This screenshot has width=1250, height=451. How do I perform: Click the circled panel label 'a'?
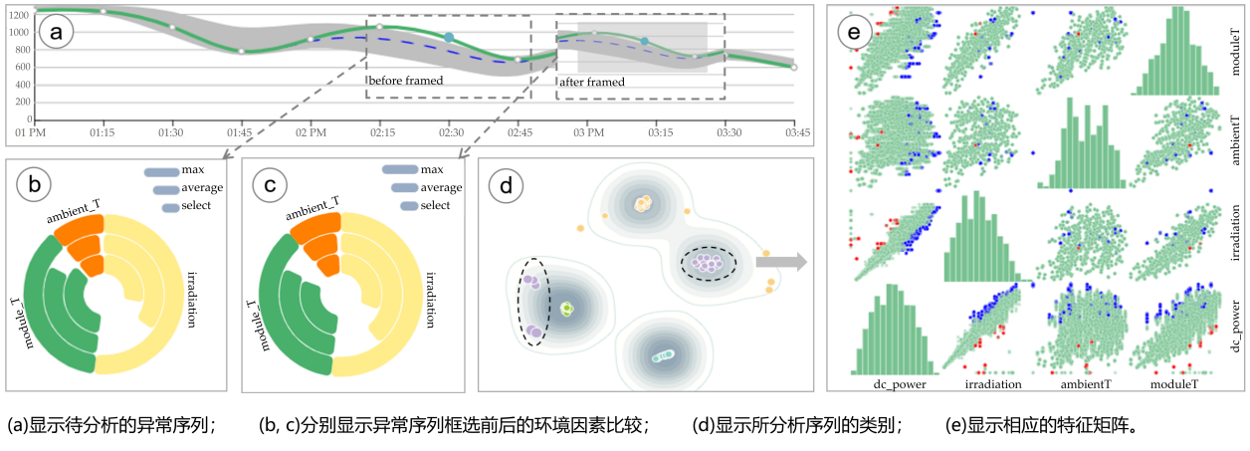(55, 34)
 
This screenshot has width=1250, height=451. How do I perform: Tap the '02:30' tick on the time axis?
(452, 131)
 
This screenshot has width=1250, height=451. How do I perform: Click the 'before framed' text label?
(400, 80)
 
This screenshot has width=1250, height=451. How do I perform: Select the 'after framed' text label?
(591, 82)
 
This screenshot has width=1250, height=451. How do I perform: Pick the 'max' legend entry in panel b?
(192, 170)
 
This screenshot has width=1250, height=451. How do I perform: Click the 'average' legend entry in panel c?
(441, 187)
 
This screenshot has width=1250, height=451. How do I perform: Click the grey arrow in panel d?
(779, 263)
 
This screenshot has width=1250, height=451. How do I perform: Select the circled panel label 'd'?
(509, 184)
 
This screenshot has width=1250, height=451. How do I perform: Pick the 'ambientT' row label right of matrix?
(1235, 141)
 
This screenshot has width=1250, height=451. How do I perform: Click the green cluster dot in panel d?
(566, 309)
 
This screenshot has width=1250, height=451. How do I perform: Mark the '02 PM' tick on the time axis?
(312, 131)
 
